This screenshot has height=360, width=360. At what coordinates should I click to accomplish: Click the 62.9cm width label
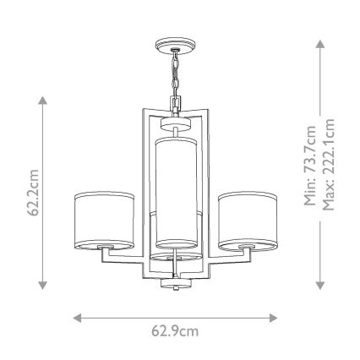coord(176,330)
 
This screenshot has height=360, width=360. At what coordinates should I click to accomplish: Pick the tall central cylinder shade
coord(176,191)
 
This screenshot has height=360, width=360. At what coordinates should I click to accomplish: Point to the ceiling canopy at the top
coord(176,43)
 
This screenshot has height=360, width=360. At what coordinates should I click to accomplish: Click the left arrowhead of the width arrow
coord(76,318)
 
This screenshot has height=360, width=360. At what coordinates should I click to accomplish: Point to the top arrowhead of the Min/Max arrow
coord(319,41)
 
